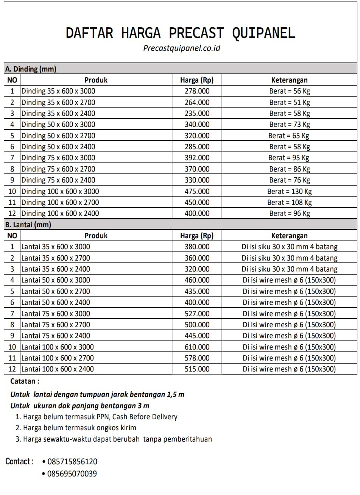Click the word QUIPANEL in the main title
click(263, 33)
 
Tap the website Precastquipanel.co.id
click(182, 48)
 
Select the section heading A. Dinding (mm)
click(31, 69)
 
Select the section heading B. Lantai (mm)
click(28, 225)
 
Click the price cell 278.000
click(197, 91)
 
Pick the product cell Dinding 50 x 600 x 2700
click(58, 136)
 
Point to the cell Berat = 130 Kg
click(290, 191)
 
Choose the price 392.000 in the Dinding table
click(197, 158)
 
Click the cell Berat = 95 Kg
click(289, 158)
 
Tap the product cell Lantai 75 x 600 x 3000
click(56, 314)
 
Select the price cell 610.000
click(197, 347)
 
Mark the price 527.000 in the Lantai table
click(197, 314)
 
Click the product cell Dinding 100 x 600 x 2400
click(60, 214)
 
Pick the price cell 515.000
click(197, 369)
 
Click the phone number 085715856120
click(72, 462)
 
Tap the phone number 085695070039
click(72, 474)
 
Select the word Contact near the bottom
click(19, 462)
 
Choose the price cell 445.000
click(197, 336)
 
